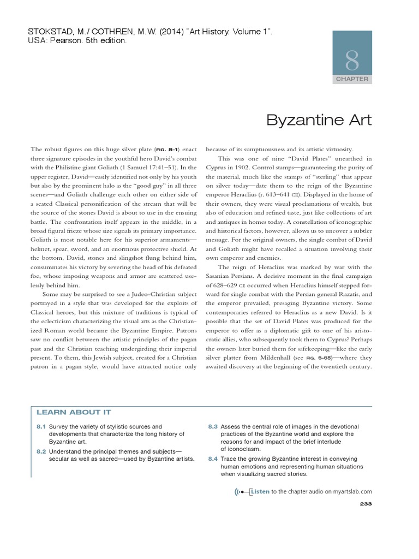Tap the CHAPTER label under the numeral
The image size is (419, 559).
pos(352,79)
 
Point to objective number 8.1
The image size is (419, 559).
pos(41,426)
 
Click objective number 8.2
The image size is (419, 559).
pos(41,451)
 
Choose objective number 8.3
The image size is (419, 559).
pos(213,426)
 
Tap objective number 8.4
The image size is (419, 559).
pos(213,459)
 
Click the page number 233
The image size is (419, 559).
pos(366,503)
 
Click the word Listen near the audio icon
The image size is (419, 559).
pos(260,491)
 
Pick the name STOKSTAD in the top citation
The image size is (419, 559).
pos(48,32)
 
